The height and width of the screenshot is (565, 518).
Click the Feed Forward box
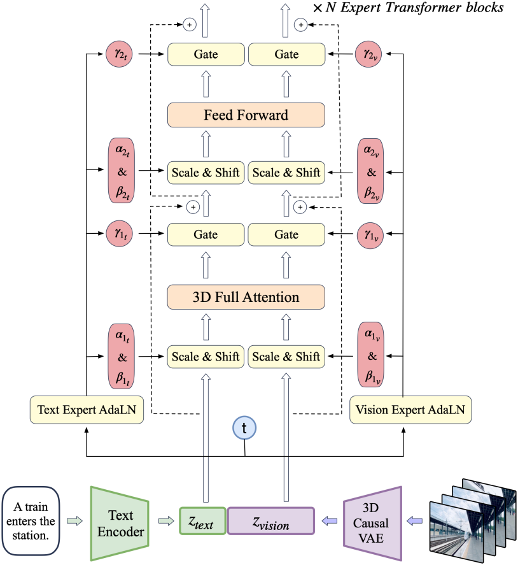coord(246,115)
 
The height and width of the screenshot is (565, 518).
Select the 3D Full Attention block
coord(246,297)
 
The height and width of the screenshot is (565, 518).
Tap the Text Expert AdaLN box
coord(87,410)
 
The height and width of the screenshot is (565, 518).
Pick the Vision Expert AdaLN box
coord(410,410)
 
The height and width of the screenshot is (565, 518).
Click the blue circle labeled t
coord(244,428)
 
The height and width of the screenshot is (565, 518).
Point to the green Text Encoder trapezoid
coord(120,524)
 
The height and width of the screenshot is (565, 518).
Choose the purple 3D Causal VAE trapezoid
coord(372,523)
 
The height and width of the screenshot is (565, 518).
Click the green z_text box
coord(202,520)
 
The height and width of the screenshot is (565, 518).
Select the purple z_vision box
coord(271,520)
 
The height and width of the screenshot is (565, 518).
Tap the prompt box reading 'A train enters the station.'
coord(31,521)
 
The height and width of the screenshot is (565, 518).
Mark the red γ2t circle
coord(119,54)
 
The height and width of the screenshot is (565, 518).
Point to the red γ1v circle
coord(370,235)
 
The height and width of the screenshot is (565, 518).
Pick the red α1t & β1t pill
coord(122,356)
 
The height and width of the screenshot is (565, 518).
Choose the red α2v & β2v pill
coord(370,171)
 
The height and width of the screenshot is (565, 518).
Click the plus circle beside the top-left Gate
coord(190,24)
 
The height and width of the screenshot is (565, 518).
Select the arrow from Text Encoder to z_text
coord(166,521)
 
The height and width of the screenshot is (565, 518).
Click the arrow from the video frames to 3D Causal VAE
coord(414,521)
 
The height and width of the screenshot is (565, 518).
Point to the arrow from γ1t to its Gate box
coord(151,234)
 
